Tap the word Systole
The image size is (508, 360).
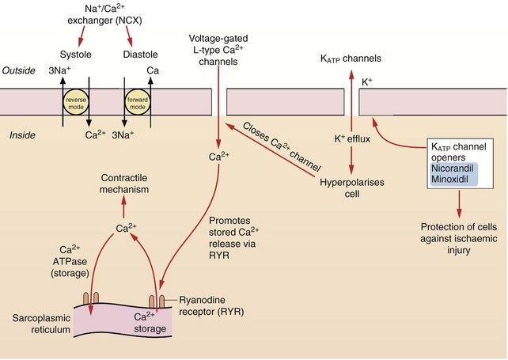point(77,55)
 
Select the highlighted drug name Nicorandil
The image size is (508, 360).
point(451,168)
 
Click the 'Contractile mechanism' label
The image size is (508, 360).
point(123,185)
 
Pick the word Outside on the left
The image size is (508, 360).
point(19,70)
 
